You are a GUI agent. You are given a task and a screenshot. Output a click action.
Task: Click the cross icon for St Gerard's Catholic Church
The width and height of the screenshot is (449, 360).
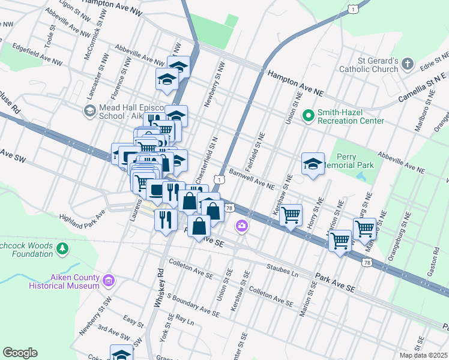tap(408, 64)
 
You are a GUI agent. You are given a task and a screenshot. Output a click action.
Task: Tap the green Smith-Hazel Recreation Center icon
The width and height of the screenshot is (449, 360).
tap(309, 114)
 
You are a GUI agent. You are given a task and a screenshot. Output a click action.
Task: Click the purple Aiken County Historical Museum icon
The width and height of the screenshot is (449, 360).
tap(108, 280)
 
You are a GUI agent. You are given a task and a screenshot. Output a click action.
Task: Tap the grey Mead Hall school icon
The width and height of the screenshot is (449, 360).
tap(89, 110)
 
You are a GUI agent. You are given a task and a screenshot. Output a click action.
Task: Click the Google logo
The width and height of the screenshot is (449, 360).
tap(20, 353)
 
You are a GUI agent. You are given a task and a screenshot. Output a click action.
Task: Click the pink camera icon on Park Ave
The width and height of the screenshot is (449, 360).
tap(241, 226)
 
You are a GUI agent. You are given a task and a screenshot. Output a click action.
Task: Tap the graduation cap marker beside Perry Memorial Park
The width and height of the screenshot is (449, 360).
tap(313, 163)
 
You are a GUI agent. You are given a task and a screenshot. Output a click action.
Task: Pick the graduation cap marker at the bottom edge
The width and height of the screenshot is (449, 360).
tap(121, 353)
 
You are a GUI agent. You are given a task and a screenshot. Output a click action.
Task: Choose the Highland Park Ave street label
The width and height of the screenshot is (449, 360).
tap(82, 214)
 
